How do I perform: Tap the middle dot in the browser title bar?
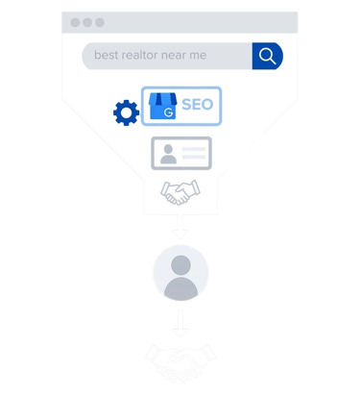point(87,22)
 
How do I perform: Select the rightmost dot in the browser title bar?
point(100,22)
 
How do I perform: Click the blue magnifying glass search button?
point(267,56)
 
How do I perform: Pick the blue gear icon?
point(126,113)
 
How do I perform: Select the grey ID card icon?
point(180,154)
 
